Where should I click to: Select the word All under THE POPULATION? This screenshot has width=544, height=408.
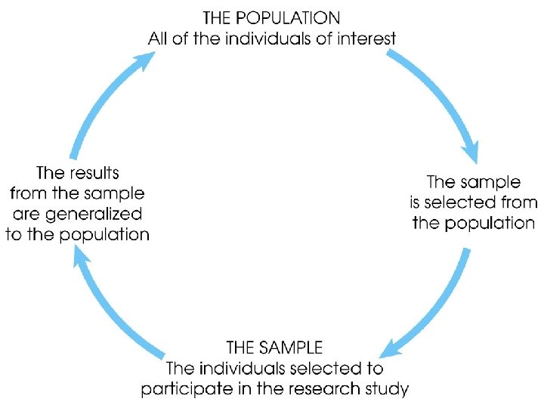click(158, 38)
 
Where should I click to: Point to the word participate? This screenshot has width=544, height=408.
click(179, 390)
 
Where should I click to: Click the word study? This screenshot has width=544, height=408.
click(391, 390)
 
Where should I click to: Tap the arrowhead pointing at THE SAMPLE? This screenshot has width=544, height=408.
click(392, 348)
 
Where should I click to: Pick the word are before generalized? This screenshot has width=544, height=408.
click(29, 214)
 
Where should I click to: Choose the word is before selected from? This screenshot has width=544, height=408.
click(417, 202)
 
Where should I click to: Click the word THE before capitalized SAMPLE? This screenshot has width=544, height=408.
click(241, 348)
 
